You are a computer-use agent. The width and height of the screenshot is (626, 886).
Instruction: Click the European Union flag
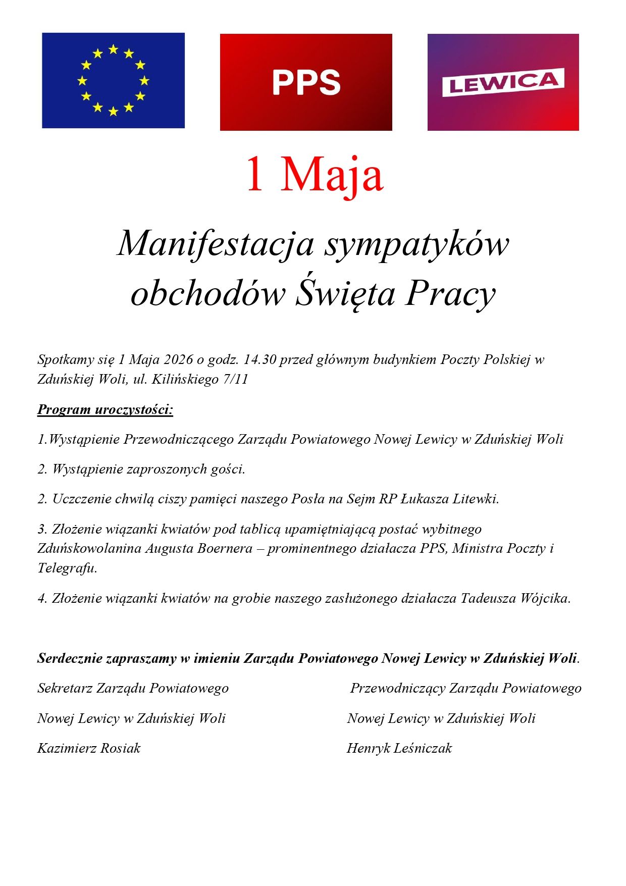coord(113,80)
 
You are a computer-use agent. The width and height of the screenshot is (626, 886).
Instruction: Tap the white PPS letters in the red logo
coord(306,83)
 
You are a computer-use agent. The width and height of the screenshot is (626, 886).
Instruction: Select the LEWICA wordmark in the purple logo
coord(503,82)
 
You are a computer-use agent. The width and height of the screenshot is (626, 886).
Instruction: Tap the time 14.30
coord(259,359)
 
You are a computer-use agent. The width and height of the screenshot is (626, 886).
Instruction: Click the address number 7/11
coord(236,379)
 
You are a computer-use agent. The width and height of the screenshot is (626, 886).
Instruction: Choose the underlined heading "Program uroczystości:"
coord(105,409)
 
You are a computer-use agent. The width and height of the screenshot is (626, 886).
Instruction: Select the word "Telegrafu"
coord(67,568)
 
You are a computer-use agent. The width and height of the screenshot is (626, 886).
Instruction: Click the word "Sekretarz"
coord(65,688)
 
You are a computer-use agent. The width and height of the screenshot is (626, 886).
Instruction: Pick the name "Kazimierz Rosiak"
coord(89,748)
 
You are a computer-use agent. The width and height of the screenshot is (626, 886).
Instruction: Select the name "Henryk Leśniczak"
coord(399,748)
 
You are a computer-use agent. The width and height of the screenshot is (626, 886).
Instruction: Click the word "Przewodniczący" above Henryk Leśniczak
coord(397,689)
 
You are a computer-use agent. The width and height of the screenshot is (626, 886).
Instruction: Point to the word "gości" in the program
coord(229,469)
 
